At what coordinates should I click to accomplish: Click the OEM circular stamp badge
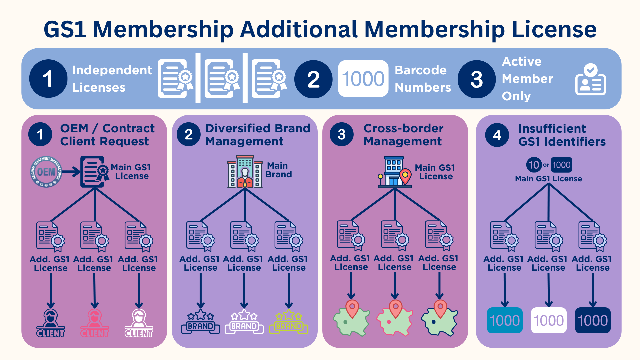coord(46,172)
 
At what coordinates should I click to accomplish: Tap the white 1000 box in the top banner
coord(363,79)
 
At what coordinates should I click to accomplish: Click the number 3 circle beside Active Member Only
coord(477,79)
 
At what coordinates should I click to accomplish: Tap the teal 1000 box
coord(505,320)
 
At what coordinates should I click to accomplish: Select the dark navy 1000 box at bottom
coord(593,320)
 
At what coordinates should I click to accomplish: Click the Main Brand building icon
coord(245,172)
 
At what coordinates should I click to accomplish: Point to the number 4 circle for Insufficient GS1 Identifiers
coord(497,135)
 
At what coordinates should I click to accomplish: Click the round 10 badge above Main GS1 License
coord(534,165)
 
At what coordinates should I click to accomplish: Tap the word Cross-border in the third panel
coord(403,128)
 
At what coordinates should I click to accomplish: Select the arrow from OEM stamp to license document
coord(71,172)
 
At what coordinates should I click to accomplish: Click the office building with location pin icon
coord(395,172)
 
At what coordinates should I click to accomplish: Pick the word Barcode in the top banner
coord(420,70)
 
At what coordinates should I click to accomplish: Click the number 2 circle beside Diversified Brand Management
coord(189,134)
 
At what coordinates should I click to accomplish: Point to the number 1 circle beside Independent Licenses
coord(48,79)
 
